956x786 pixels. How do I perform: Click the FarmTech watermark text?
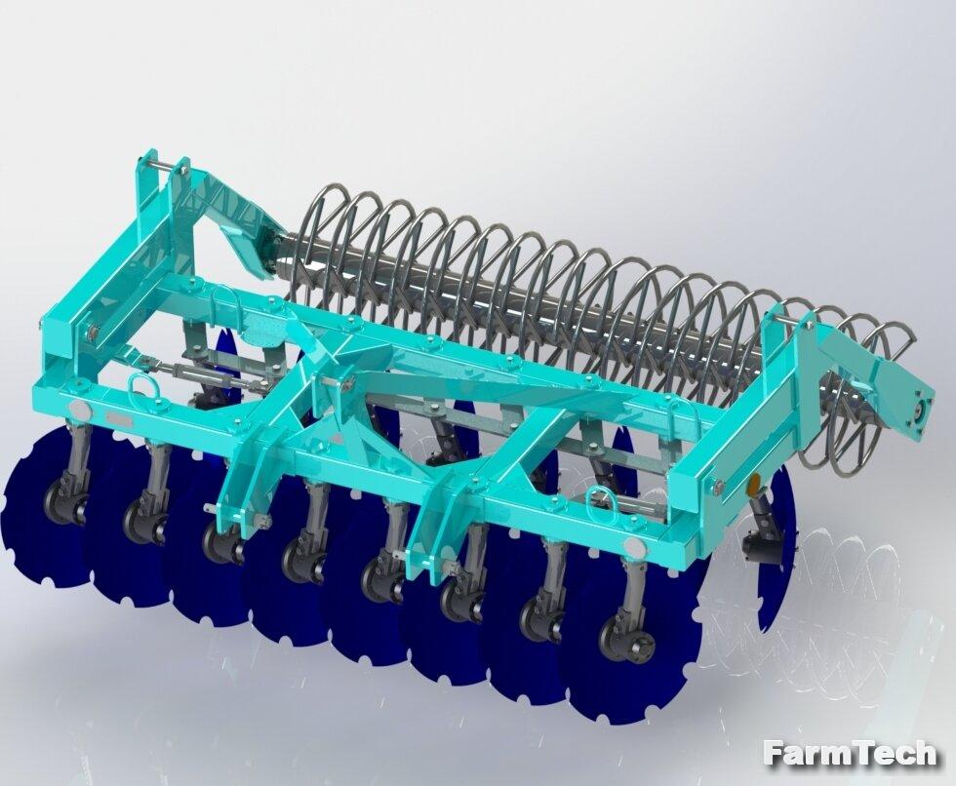coord(850,753)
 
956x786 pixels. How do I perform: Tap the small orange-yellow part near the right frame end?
coord(754,484)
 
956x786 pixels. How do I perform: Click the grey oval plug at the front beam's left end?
coord(80,409)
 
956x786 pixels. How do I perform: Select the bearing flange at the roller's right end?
coord(919,410)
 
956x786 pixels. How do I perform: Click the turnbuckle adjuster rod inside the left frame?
coord(201,373)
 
